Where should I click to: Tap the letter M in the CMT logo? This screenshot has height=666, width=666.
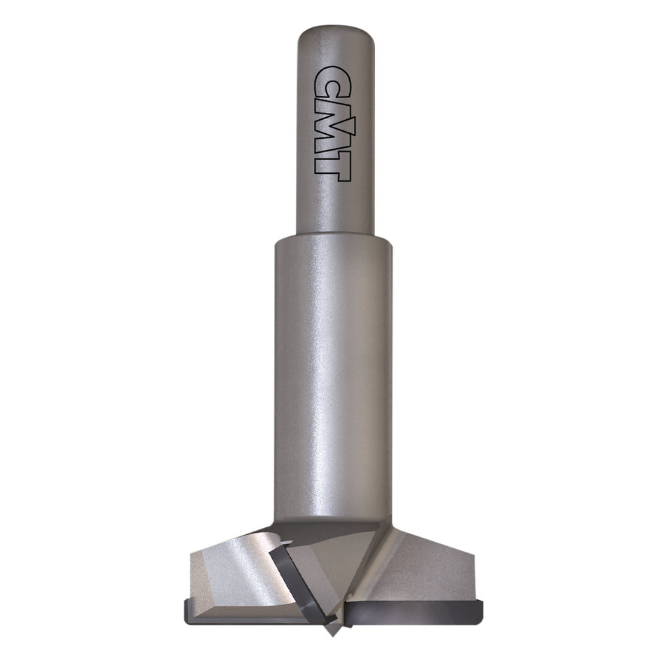pyautogui.click(x=332, y=123)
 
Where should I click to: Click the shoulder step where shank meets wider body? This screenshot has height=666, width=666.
pyautogui.click(x=333, y=237)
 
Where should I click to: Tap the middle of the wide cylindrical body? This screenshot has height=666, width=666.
pyautogui.click(x=333, y=379)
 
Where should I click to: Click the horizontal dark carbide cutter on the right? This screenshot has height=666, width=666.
pyautogui.click(x=414, y=610)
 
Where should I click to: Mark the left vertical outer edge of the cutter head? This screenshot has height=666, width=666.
pyautogui.click(x=191, y=575)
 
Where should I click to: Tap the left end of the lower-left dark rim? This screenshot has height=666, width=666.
pyautogui.click(x=186, y=606)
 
